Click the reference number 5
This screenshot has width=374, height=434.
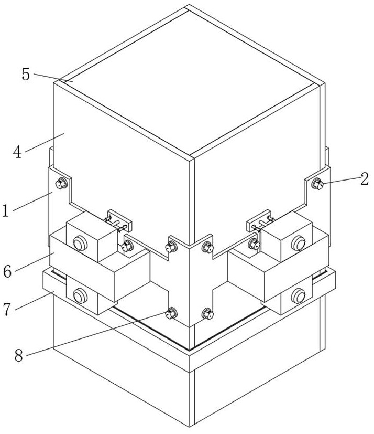pos(26,74)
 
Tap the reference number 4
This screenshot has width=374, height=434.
pos(18,152)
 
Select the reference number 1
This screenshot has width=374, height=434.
pos(6,210)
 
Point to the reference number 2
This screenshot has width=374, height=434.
pos(364,179)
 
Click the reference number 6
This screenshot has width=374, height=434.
pos(7,271)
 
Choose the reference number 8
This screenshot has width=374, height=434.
pos(18,356)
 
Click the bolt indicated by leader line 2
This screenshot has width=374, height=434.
pos(317,184)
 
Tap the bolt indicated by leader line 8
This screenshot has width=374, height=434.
pos(170,314)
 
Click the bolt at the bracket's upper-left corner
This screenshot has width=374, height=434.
pos(61,183)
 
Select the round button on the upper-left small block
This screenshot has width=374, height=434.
pos(80,243)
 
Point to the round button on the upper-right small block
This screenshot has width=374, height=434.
pos(299,242)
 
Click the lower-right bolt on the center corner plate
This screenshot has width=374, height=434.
pos(207,314)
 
